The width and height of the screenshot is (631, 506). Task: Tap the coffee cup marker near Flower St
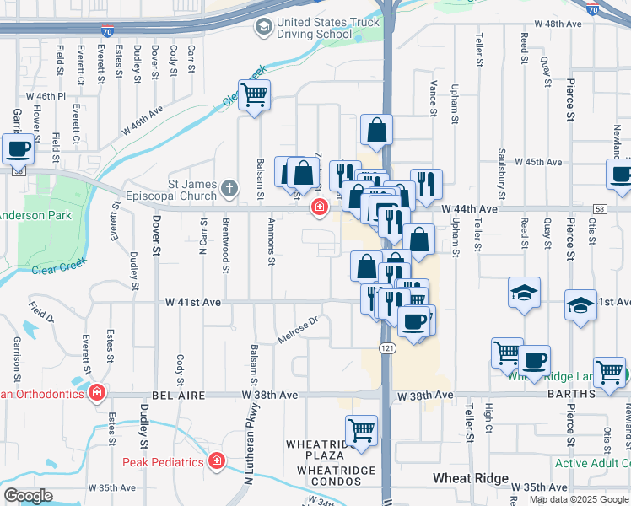coord(18,148)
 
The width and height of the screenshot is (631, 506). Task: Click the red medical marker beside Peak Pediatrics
coord(217,461)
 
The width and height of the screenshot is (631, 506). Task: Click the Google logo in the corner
coord(27,496)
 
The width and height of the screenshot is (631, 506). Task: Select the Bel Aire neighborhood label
coord(181,395)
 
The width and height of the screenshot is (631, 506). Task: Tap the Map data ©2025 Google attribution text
coord(579,499)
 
